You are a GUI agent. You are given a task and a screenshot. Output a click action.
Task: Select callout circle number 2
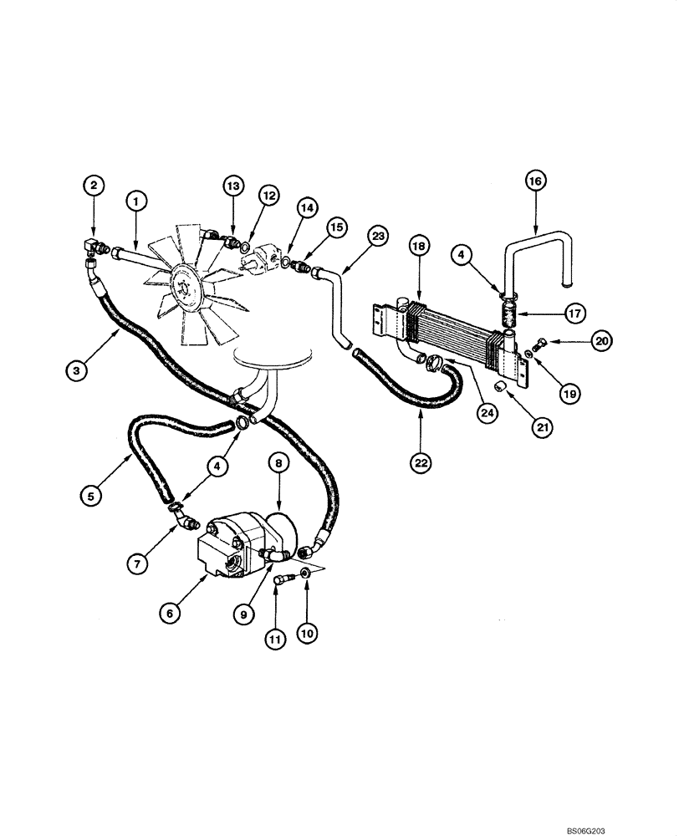[94, 185]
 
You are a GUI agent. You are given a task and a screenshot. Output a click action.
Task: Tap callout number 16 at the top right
[535, 180]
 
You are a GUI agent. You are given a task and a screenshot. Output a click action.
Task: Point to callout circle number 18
[418, 244]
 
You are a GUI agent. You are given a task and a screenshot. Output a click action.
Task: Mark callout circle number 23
[378, 237]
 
